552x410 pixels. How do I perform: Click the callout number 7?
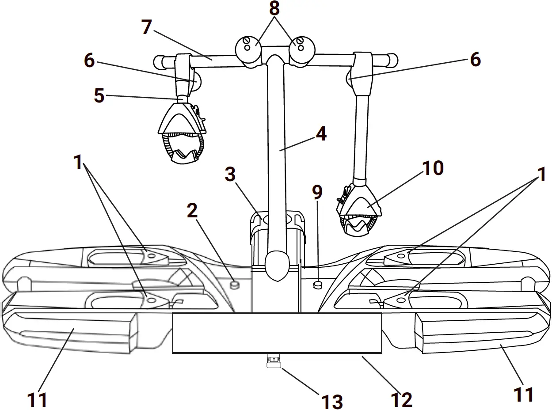pos(147,27)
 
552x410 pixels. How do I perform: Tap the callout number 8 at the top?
pos(275,8)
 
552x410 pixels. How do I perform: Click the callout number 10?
pos(432,168)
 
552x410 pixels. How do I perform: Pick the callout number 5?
pos(99,96)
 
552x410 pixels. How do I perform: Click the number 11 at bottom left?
pos(37,400)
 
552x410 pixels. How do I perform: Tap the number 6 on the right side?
pos(475,59)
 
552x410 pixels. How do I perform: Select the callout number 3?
pos(230,175)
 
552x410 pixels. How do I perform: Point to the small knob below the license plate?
pos(274,362)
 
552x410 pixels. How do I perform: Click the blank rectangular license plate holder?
pos(277,333)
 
